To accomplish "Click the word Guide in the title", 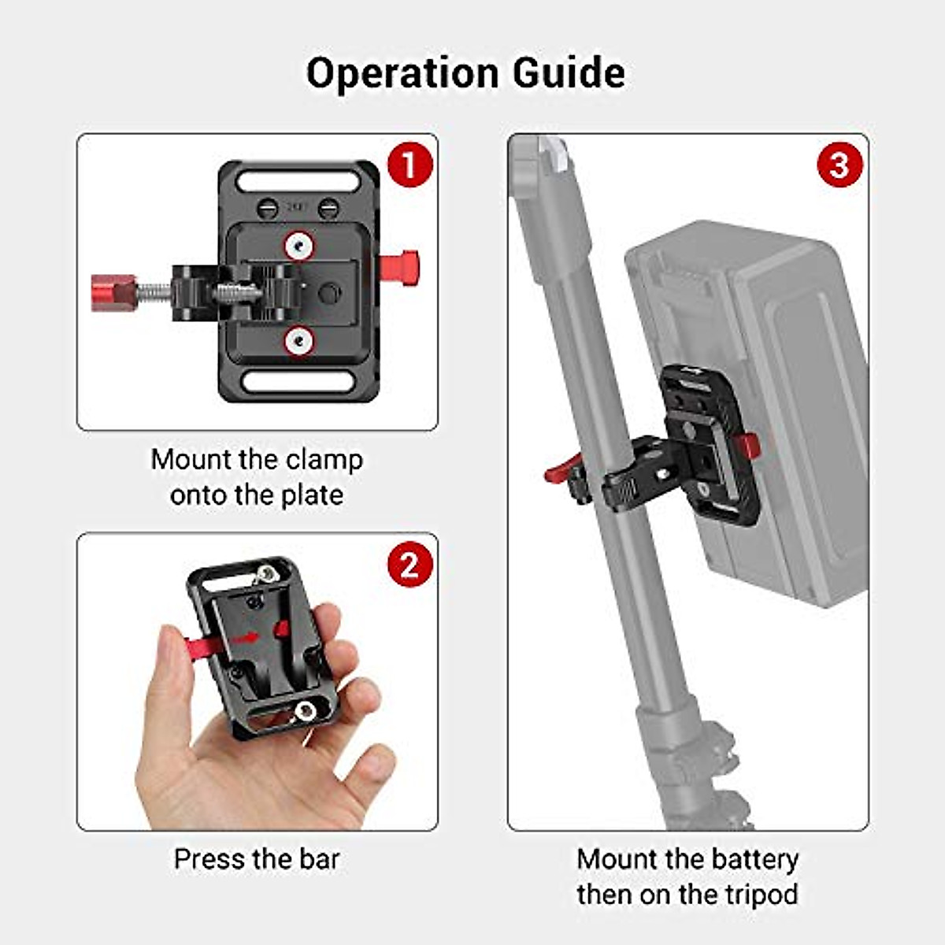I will [569, 73].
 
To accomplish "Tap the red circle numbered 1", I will [409, 165].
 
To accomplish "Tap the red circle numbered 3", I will [839, 165].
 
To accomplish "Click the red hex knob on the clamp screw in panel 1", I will [113, 292].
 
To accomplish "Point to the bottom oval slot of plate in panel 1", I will [298, 382].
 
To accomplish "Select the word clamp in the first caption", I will [324, 459].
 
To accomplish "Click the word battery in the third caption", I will [754, 858].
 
